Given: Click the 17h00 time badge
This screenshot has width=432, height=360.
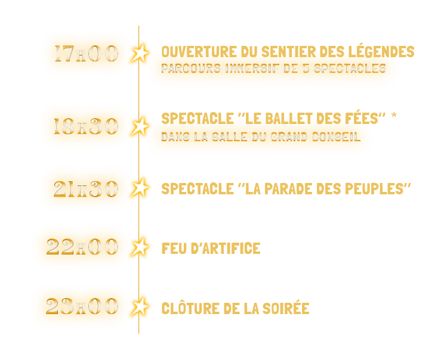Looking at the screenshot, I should point(85,53).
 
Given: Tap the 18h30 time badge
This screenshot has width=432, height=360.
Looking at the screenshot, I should point(85,126).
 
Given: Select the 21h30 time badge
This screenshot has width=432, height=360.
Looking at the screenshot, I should point(85,188).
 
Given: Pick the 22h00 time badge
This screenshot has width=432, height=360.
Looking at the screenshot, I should point(82,247).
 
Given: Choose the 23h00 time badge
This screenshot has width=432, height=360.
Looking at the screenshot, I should point(82,306).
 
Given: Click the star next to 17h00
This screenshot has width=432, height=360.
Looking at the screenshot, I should point(140,53).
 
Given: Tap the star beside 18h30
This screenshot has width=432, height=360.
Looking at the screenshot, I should point(140,126).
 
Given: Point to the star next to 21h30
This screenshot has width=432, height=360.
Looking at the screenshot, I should point(140,188).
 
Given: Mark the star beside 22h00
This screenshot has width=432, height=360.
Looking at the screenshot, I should point(140,247).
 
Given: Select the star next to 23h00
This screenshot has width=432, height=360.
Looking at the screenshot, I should point(140,306).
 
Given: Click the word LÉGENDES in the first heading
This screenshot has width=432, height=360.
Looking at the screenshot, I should point(382,52).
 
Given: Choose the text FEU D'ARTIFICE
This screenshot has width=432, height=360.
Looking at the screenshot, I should point(211,248).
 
